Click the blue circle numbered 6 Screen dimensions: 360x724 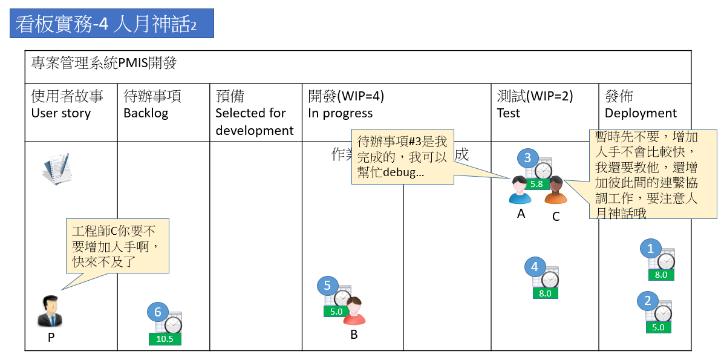157,312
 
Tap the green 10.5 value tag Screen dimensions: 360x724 165,339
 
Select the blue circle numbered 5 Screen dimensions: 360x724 327,285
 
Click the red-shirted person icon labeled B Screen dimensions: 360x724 354,312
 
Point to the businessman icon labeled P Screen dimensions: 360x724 50,312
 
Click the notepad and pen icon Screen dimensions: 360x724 56,169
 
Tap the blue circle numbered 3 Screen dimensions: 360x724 527,159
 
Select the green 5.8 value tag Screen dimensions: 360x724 536,184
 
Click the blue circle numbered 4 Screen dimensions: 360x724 534,267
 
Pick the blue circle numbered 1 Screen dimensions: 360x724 650,248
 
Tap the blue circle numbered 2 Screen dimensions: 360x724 648,301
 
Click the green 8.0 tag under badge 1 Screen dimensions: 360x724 661,275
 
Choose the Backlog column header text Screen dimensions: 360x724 146,113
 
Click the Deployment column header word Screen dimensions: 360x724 641,113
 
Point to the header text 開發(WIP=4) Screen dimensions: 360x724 346,96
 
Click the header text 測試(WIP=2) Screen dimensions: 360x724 535,96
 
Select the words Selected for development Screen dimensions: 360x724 255,122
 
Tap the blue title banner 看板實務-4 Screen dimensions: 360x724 112,24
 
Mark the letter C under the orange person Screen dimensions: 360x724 556,216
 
